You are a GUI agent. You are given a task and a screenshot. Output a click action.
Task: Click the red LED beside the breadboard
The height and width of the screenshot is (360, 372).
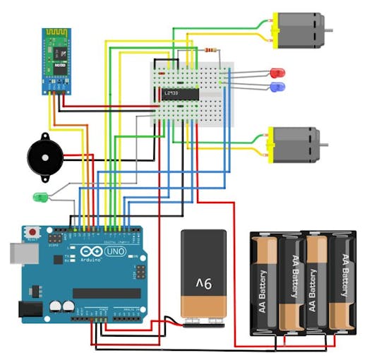pos(277,73)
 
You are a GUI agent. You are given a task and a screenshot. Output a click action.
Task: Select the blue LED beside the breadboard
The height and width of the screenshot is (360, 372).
pos(277,87)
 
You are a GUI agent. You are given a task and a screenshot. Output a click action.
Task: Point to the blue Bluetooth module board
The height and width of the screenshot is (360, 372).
pos(58,61)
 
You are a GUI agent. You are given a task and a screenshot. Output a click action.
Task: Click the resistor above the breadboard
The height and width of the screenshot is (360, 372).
pos(210,50)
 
